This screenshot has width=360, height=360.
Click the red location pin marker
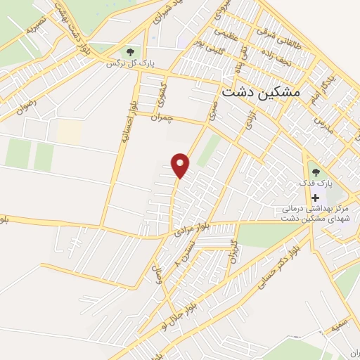pos(181,165)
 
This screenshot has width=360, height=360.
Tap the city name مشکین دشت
pos(259,92)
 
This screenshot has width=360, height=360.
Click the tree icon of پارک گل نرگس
pos(129,51)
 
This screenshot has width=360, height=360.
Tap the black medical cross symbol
pos(314,198)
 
